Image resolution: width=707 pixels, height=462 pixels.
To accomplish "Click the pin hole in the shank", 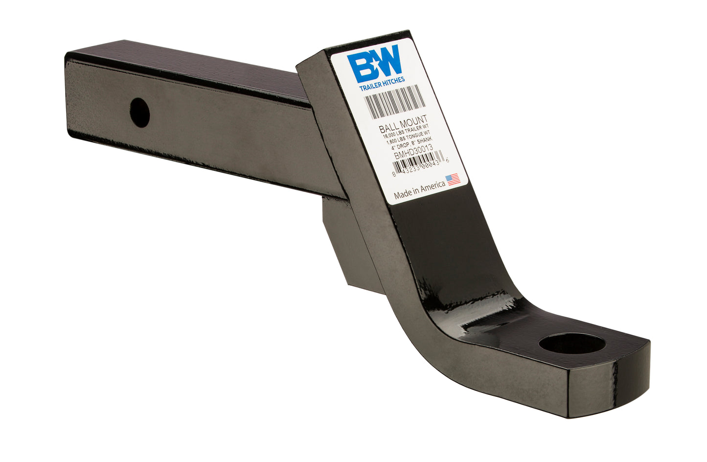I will pos(140,113).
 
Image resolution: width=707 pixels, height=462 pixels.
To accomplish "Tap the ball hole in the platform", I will pos(572,344).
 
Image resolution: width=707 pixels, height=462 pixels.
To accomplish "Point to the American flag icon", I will pos(454,179).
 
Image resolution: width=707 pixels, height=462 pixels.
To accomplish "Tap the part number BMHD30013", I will pos(414,152).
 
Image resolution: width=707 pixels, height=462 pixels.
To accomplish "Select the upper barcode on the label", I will pos(394,101).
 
